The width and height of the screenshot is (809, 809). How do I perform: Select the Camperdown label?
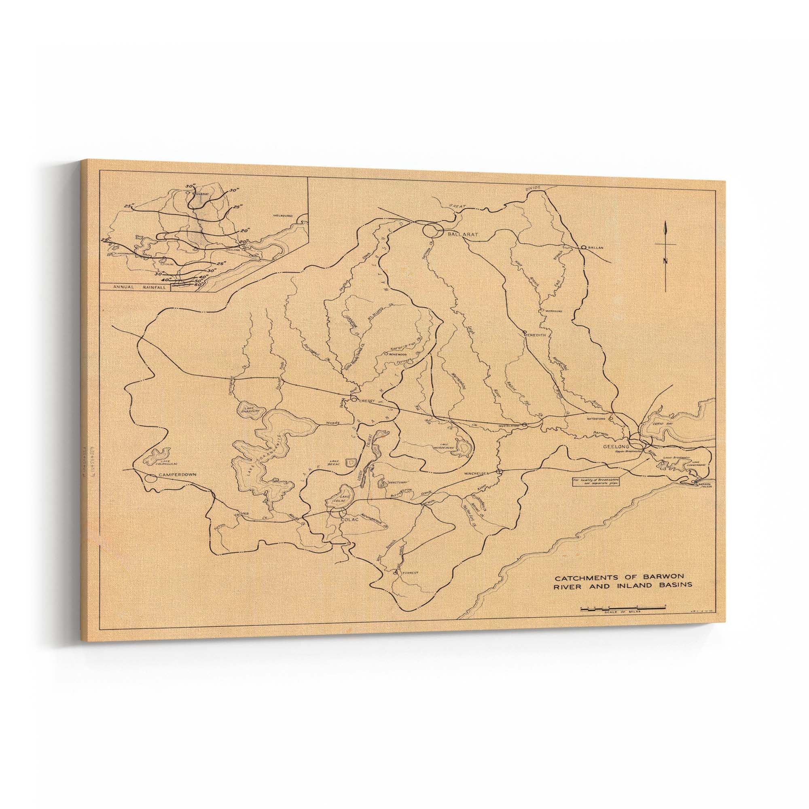[177, 475]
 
